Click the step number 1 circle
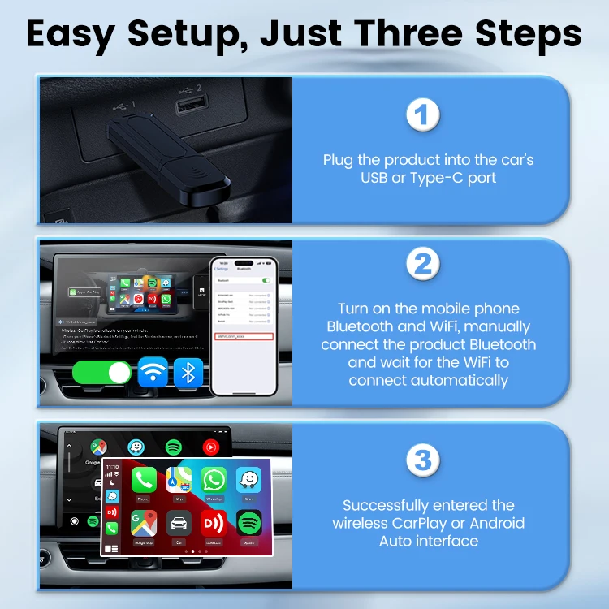click(422, 114)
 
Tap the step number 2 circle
click(422, 263)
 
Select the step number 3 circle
click(422, 460)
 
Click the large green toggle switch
click(101, 373)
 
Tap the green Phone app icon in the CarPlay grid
click(144, 481)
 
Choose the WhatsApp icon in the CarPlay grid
click(214, 481)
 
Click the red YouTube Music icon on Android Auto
click(210, 447)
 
